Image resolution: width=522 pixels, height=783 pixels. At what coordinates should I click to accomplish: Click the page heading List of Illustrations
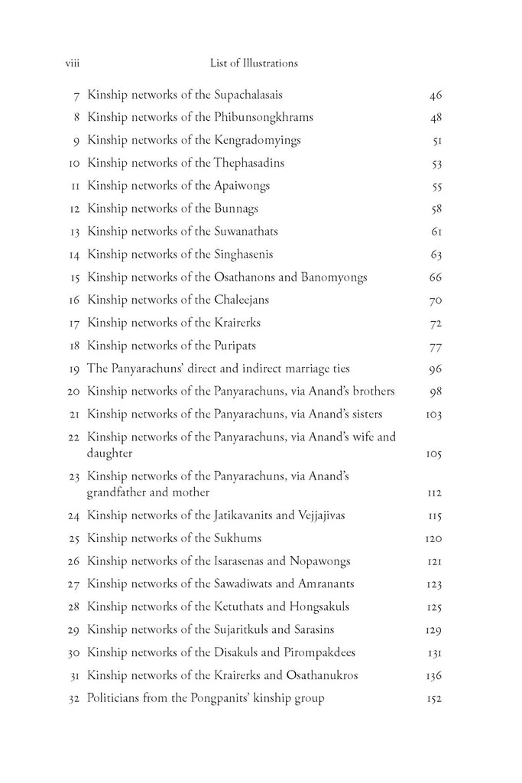pos(253,63)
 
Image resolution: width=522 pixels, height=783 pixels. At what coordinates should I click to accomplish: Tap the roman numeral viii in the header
pos(74,63)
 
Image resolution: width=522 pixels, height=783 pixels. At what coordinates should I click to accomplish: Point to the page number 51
pos(437,141)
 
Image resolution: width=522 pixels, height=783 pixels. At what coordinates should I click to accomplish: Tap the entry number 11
pos(74,186)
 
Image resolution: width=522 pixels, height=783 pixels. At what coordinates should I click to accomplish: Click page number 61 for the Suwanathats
pos(437,231)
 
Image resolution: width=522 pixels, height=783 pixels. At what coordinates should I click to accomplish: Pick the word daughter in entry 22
pos(110,453)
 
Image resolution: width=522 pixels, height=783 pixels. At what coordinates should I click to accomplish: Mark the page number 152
pos(433,698)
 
